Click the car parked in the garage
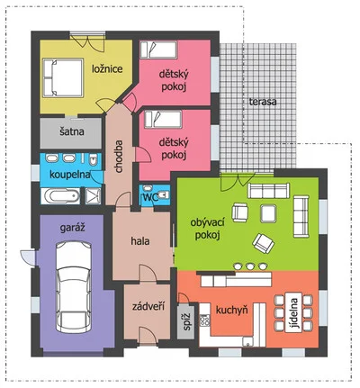point(74,286)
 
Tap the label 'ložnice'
point(107,69)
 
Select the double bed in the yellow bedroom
point(63,77)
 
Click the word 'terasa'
point(263,102)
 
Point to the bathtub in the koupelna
point(60,196)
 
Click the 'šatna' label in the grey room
point(72,131)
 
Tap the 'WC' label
point(151,198)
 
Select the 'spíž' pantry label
point(187,321)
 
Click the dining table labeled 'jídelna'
point(293,313)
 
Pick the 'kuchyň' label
point(232,310)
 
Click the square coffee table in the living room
point(268,213)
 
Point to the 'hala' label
point(140,241)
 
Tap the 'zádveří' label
point(148,306)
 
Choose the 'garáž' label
point(73,228)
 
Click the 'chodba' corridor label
point(119,157)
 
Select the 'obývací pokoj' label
point(208,229)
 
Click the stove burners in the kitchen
point(204,320)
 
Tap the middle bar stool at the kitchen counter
point(250,266)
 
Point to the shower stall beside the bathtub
point(94,196)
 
